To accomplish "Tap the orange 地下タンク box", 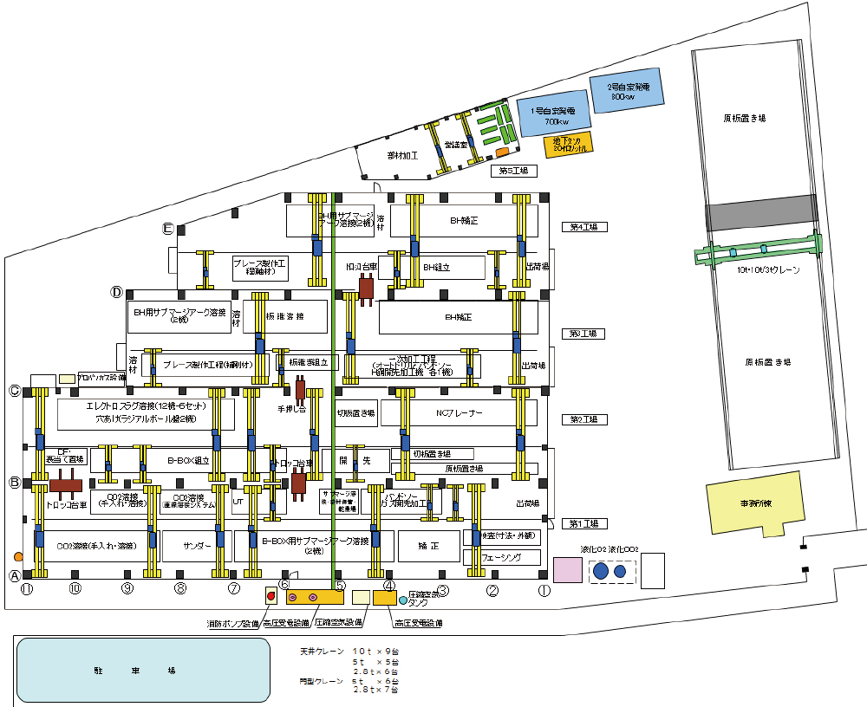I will click(568, 144).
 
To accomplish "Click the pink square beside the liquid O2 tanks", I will click(568, 570).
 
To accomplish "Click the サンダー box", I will click(197, 547).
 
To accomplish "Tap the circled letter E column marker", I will click(169, 229).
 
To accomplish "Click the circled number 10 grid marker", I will click(75, 589).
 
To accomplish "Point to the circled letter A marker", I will click(14, 575).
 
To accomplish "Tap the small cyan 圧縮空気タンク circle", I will click(403, 600).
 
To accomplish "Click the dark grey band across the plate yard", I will click(760, 212).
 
